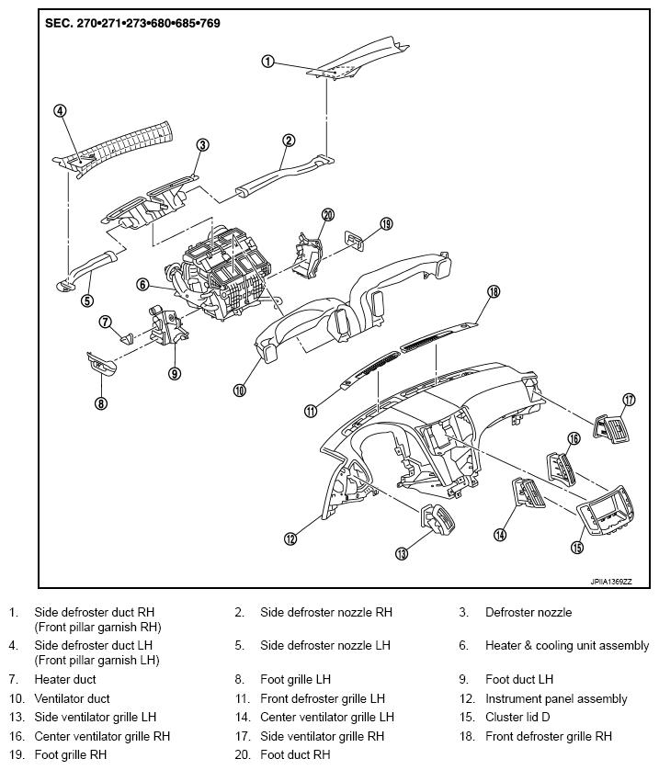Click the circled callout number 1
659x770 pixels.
tap(267, 62)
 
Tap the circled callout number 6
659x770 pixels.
tap(142, 284)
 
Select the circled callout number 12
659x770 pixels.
tap(290, 538)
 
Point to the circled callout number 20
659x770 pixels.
tap(328, 215)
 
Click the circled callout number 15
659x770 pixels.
tap(578, 547)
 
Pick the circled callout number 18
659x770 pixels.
tap(494, 291)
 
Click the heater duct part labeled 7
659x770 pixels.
tap(127, 338)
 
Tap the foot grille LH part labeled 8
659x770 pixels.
tap(101, 363)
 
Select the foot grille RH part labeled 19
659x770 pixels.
tap(355, 239)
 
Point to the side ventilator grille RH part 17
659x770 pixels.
tap(612, 429)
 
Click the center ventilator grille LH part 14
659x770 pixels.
tap(528, 495)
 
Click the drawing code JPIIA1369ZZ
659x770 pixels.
tap(611, 582)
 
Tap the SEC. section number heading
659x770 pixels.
tap(132, 23)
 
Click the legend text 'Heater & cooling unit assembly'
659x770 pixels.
tap(567, 645)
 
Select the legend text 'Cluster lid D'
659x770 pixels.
tap(517, 717)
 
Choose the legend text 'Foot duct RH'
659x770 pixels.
tap(295, 754)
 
